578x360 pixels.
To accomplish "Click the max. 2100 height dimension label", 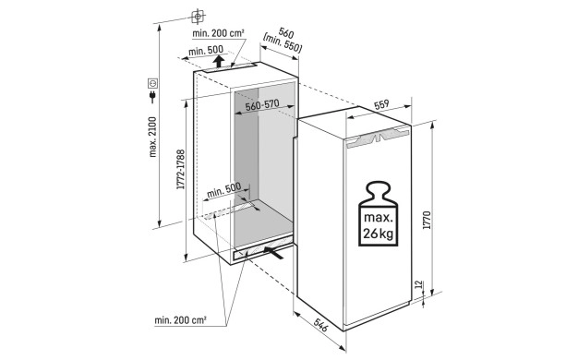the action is coord(152,137).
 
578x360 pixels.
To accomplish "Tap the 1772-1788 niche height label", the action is coord(181,169).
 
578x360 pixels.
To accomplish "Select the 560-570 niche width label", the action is coord(262,105).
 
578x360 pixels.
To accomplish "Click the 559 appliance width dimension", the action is coord(381,104).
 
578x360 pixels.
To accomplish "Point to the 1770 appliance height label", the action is coord(427,220).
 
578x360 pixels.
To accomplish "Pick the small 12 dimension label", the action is coord(417,285).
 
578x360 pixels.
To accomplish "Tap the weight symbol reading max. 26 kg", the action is coord(379,213).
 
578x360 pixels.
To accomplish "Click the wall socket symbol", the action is coord(152,84).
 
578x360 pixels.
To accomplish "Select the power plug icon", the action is coord(152,97).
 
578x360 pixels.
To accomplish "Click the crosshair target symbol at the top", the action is coord(198,17).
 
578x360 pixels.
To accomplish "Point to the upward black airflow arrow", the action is coord(219,61).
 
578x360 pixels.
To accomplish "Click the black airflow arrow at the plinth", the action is coord(273,253).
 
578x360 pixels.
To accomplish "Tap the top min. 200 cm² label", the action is coord(218,33).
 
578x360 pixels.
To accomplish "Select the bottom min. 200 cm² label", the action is coord(180,320).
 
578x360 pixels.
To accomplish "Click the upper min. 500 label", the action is coord(206,51).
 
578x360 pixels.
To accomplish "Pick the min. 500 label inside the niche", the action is coord(223,190).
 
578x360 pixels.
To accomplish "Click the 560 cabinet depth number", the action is coord(286,33).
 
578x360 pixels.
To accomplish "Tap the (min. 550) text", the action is coord(283,43).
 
